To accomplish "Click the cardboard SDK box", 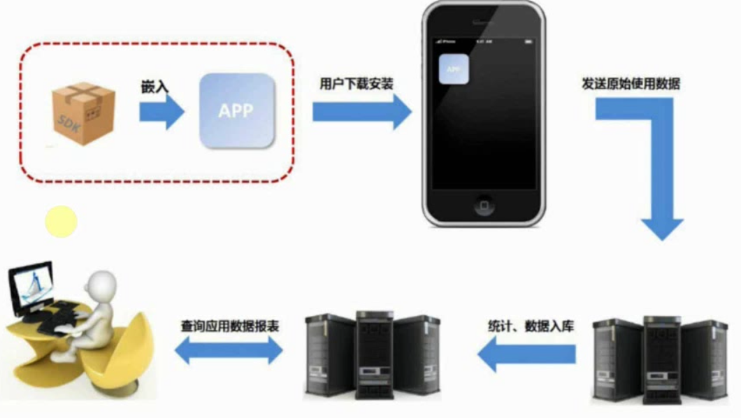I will pos(82,113).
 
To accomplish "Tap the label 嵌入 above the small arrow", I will pos(153,88).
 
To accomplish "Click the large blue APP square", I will pos(236,110).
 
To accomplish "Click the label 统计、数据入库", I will pos(531,326).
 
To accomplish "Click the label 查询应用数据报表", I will pos(230,326).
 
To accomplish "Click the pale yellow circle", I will pos(62,222).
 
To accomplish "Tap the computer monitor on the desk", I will pos(31,287).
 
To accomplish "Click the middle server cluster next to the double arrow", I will pos(372,355).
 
